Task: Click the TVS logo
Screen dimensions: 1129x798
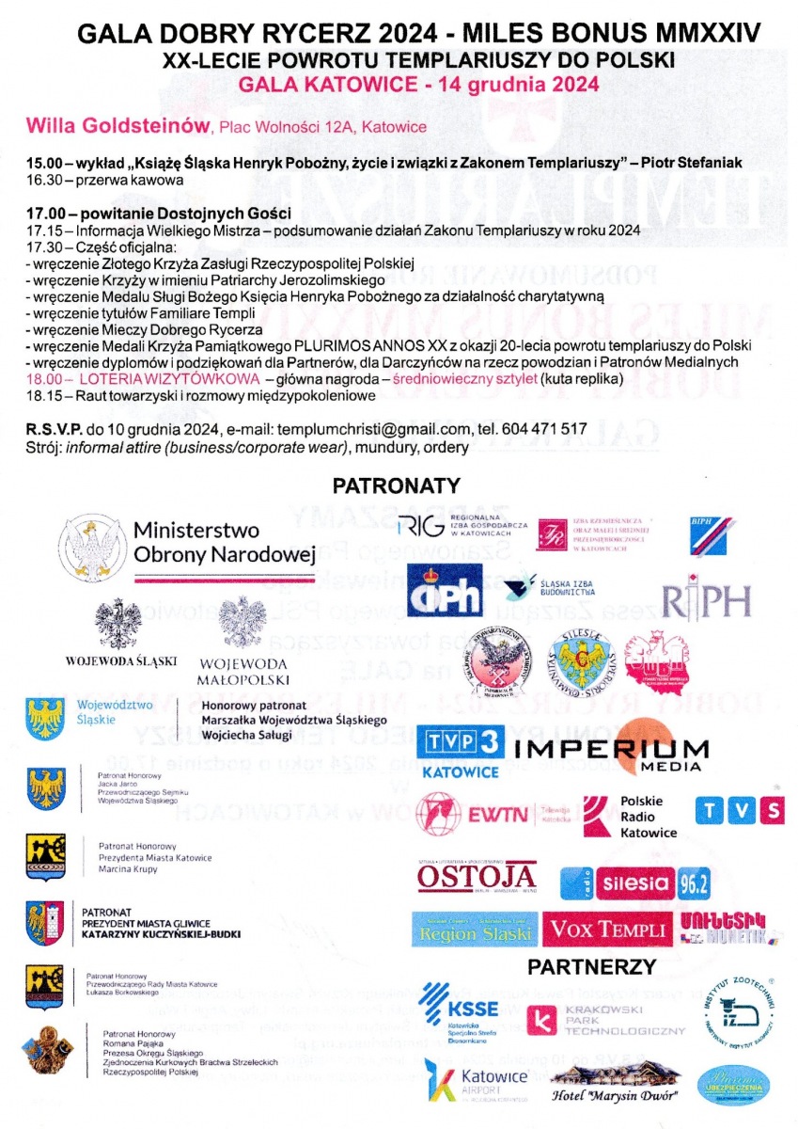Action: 740,810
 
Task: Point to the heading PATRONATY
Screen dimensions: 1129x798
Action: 396,486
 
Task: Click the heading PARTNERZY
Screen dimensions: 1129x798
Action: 590,966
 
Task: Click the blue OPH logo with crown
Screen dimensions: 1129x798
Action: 444,590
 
